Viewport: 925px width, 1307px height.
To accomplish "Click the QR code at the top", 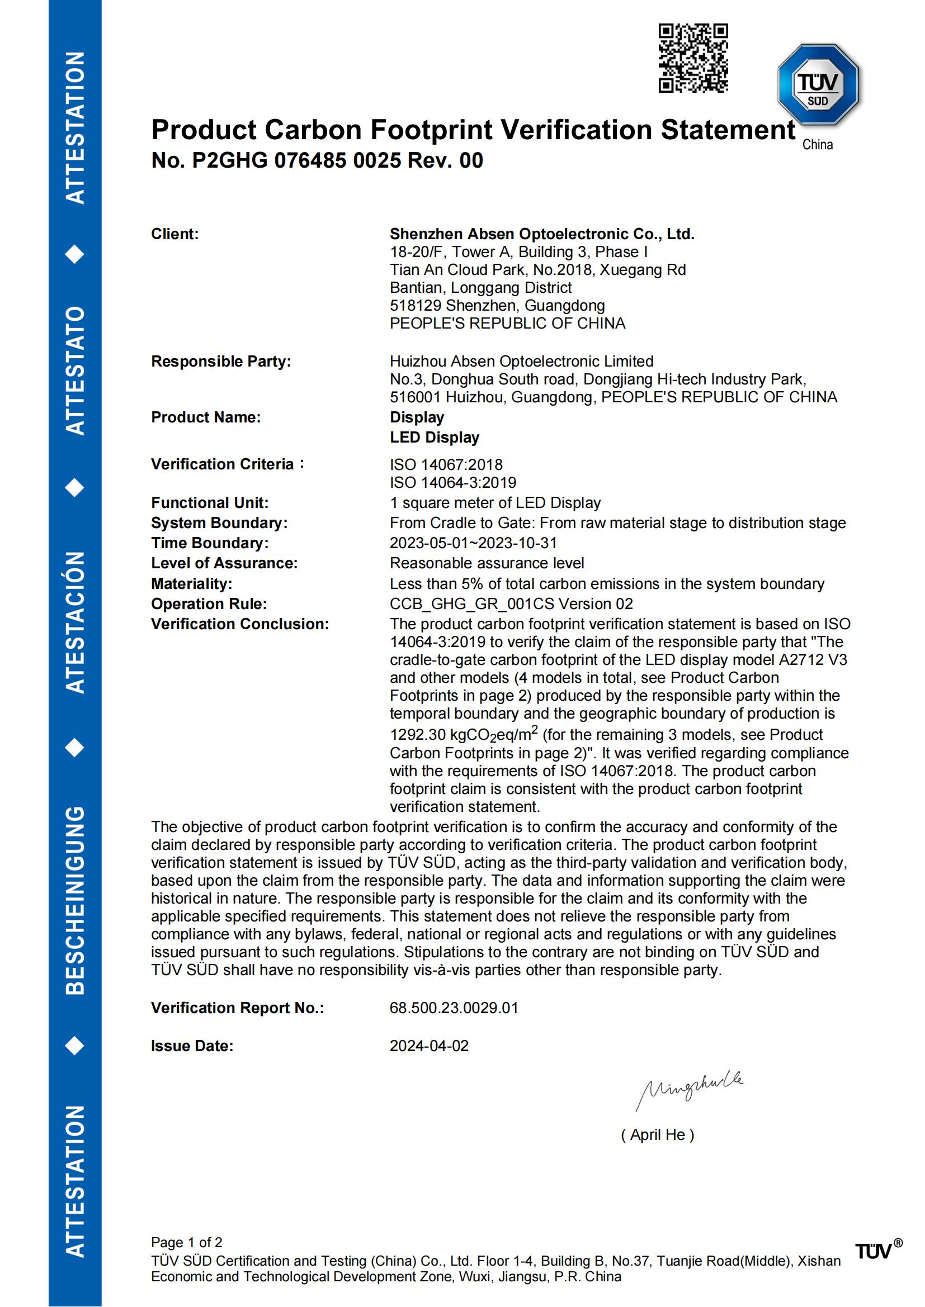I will coord(693,58).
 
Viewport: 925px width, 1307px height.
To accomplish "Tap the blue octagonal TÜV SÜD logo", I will coord(818,84).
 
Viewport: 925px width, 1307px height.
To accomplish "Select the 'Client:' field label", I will coord(175,234).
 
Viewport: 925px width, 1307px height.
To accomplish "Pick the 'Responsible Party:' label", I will coord(221,362).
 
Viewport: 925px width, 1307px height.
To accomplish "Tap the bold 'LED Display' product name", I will coord(434,438).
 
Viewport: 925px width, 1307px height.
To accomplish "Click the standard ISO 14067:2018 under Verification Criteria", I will coord(446,464).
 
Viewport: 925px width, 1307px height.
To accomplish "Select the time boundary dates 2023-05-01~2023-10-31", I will coord(473,543).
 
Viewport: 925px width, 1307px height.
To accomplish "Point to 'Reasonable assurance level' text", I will coord(487,563).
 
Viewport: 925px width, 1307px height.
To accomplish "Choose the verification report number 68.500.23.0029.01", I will coord(454,1008).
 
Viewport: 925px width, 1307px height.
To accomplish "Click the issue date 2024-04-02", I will coord(429,1046).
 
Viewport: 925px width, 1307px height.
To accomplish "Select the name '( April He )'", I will coord(657,1135).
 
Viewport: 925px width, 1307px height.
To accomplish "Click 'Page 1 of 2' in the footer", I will coord(186,1243).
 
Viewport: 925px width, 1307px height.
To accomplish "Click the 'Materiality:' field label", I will coord(191,583).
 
